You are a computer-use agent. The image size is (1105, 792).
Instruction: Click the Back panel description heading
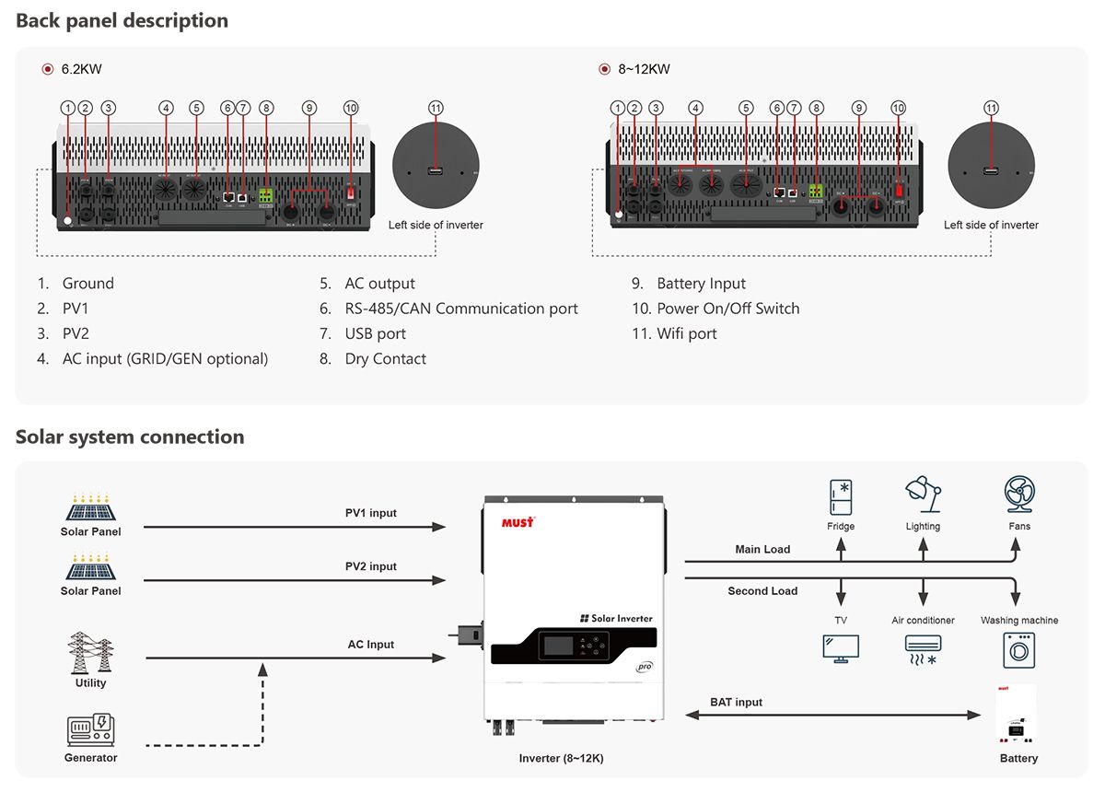tap(122, 20)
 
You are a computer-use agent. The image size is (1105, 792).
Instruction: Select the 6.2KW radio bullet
tap(48, 69)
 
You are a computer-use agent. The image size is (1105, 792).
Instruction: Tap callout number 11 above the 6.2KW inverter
tap(436, 108)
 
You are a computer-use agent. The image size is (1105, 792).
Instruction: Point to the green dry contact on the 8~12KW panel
tap(816, 192)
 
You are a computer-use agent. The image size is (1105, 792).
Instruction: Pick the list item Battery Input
tap(701, 284)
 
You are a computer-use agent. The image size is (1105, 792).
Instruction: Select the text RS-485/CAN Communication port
tap(460, 309)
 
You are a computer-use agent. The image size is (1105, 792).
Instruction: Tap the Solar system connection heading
tap(130, 437)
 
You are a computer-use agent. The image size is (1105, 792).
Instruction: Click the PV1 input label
tap(371, 513)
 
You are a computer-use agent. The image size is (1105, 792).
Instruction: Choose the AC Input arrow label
tap(371, 645)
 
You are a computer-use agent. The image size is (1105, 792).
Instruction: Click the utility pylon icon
tap(90, 654)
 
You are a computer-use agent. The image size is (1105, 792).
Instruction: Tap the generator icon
tap(90, 729)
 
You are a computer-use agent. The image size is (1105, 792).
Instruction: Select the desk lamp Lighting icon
tap(923, 495)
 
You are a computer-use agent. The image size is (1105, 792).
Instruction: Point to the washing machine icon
tap(1019, 649)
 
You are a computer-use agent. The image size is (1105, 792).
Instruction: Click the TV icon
tap(841, 647)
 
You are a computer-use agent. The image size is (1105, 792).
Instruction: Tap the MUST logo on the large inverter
tap(518, 522)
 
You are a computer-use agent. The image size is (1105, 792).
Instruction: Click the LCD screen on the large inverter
tap(557, 644)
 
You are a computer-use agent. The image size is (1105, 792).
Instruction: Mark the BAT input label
tap(737, 702)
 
